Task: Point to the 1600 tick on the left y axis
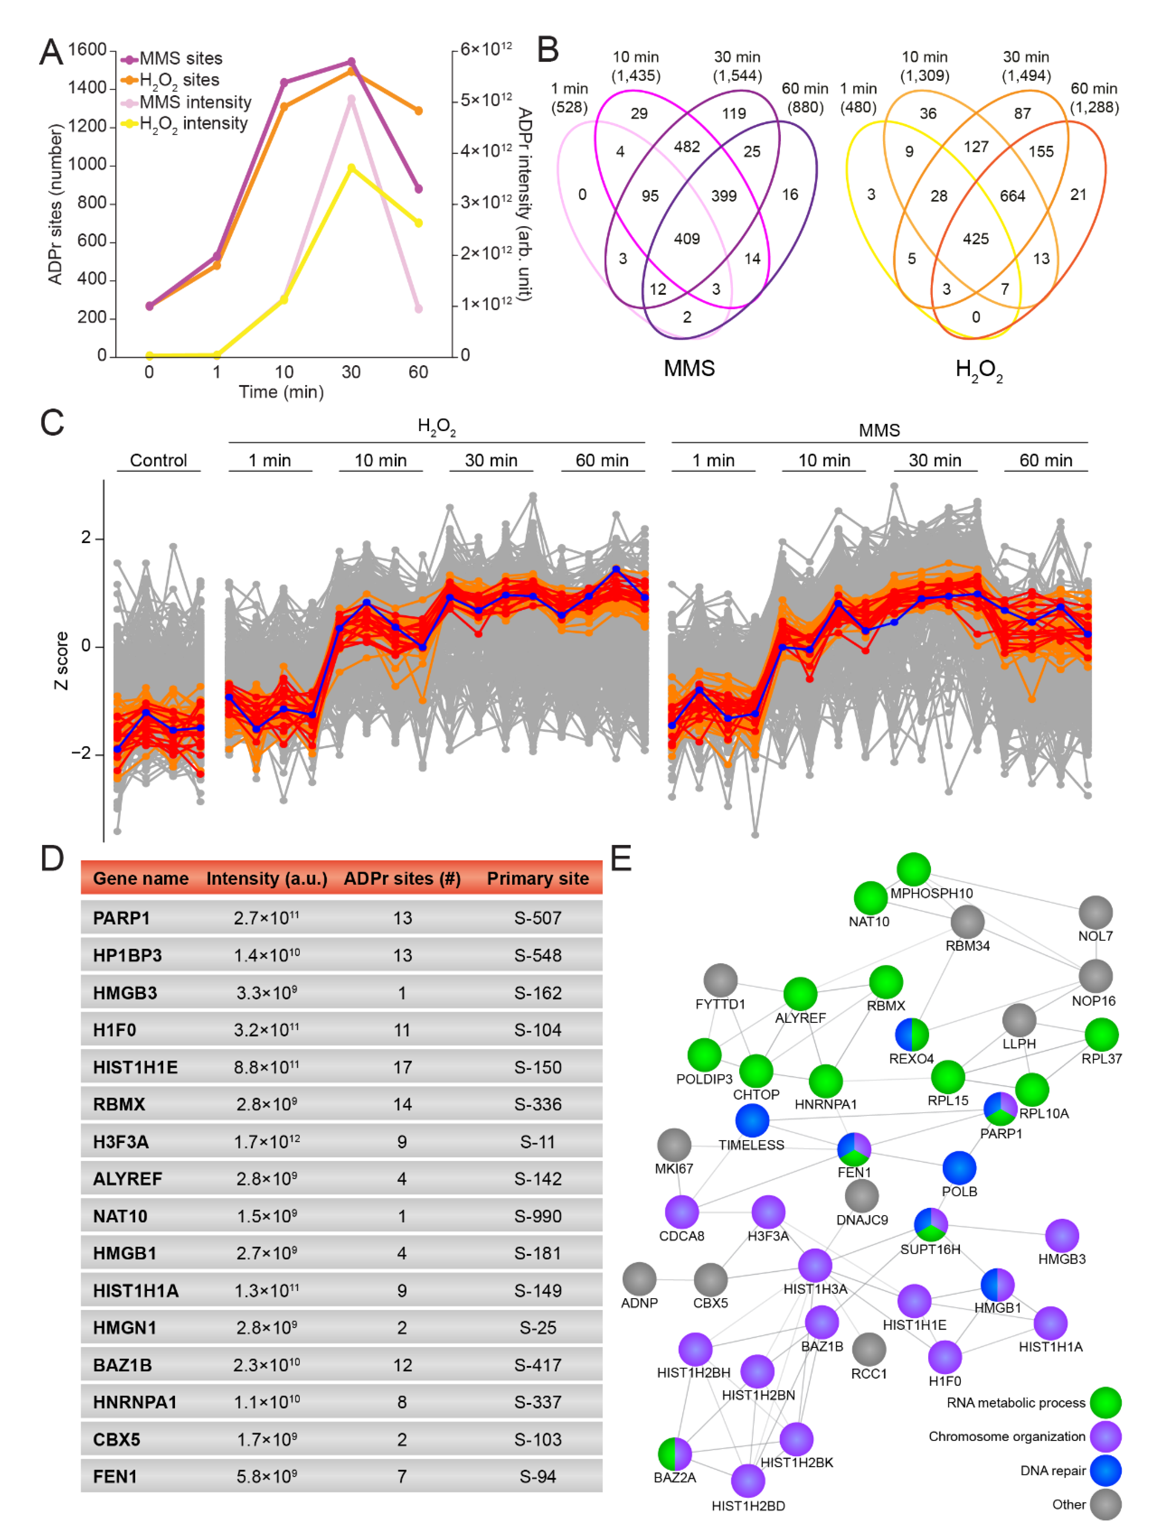coord(87,49)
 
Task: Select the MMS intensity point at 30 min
coord(351,99)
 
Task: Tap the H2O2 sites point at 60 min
coord(418,111)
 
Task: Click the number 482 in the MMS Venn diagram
coord(687,147)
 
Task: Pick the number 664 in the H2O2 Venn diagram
coord(1012,196)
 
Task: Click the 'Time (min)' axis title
coord(281,392)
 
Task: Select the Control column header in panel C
coord(159,460)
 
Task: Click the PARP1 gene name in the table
coord(122,918)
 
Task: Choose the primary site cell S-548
coord(538,955)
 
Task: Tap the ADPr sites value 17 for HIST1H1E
coord(402,1067)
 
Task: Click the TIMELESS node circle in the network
coord(752,1120)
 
